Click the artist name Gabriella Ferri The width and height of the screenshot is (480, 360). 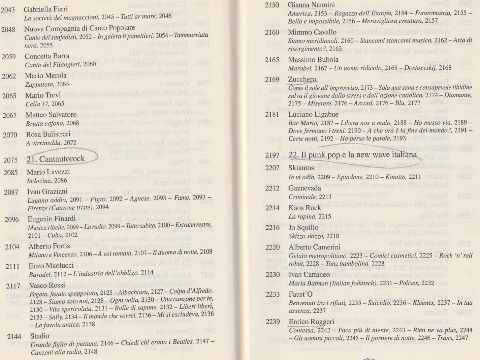[x=45, y=9]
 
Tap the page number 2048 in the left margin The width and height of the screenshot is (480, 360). [x=8, y=29]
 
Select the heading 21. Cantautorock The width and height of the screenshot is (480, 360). [x=56, y=159]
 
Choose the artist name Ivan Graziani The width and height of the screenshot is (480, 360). [x=47, y=192]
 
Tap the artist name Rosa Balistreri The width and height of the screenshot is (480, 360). [x=48, y=134]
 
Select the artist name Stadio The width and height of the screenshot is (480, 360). [x=40, y=336]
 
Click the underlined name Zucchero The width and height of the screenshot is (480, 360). [x=302, y=79]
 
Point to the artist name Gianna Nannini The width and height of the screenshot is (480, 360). [x=311, y=5]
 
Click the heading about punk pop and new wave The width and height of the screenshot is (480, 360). [x=352, y=155]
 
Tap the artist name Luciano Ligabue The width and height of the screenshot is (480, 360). [x=308, y=114]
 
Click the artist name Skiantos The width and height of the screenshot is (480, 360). [x=301, y=168]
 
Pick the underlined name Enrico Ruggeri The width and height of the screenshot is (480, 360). [x=311, y=322]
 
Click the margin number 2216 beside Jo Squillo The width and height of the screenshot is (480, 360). [x=272, y=228]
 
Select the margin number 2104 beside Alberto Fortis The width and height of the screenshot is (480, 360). [x=12, y=247]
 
